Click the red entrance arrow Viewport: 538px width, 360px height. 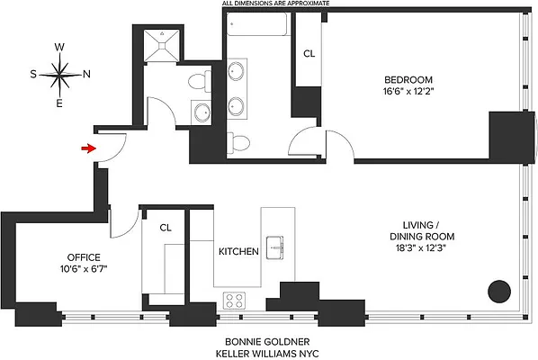pyautogui.click(x=86, y=148)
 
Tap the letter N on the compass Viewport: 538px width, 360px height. pyautogui.click(x=86, y=76)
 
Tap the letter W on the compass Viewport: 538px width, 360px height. pyautogui.click(x=59, y=48)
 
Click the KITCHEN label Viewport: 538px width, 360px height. pyautogui.click(x=238, y=251)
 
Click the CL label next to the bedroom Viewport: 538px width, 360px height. pyautogui.click(x=309, y=54)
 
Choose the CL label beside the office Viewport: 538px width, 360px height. pyautogui.click(x=166, y=229)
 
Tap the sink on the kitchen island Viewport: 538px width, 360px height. pyautogui.click(x=277, y=248)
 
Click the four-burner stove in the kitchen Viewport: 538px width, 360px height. pyautogui.click(x=236, y=300)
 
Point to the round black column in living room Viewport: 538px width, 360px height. pyautogui.click(x=498, y=292)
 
